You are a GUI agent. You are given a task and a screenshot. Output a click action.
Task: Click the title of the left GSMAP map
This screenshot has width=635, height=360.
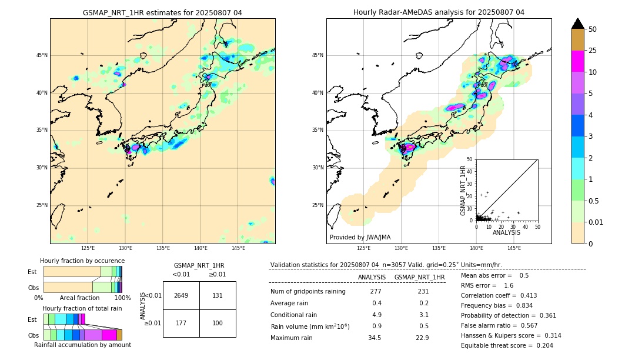pyautogui.click(x=162, y=12)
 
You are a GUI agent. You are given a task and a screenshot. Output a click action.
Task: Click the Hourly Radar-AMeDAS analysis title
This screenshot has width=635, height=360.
pyautogui.click(x=439, y=12)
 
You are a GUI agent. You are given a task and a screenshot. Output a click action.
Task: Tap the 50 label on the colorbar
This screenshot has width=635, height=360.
pyautogui.click(x=593, y=29)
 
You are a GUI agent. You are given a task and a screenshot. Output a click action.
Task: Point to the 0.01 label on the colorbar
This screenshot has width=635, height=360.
pyautogui.click(x=595, y=222)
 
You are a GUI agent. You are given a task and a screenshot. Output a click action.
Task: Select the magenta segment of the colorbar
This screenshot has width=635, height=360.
pyautogui.click(x=577, y=61)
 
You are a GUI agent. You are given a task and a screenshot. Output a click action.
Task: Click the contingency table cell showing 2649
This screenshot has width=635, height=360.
pyautogui.click(x=181, y=295)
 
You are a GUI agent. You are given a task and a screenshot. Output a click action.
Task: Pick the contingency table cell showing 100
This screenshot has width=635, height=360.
pyautogui.click(x=218, y=323)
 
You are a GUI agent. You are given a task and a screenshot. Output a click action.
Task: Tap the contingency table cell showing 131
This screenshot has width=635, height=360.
pyautogui.click(x=218, y=295)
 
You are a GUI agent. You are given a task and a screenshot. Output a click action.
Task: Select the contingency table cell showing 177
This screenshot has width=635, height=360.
pyautogui.click(x=181, y=323)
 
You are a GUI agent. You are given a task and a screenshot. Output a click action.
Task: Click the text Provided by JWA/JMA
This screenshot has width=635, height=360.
pyautogui.click(x=360, y=237)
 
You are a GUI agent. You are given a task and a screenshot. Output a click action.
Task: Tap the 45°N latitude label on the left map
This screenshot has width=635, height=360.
pyautogui.click(x=42, y=55)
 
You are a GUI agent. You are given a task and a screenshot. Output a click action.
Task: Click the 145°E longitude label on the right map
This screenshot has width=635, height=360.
pyautogui.click(x=514, y=249)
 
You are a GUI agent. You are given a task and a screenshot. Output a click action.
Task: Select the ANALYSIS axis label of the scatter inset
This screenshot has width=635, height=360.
pyautogui.click(x=506, y=232)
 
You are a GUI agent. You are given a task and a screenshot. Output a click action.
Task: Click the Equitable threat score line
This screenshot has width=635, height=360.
pyautogui.click(x=507, y=345)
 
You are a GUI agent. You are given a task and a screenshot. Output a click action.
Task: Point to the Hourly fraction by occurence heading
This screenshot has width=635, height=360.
pyautogui.click(x=82, y=261)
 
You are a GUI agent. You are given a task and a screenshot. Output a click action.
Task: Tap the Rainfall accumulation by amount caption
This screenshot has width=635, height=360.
pyautogui.click(x=82, y=345)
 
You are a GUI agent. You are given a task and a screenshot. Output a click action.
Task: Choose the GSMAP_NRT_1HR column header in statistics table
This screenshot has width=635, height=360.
pyautogui.click(x=419, y=277)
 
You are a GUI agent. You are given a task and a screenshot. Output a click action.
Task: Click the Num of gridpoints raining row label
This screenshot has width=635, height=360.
pyautogui.click(x=308, y=292)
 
